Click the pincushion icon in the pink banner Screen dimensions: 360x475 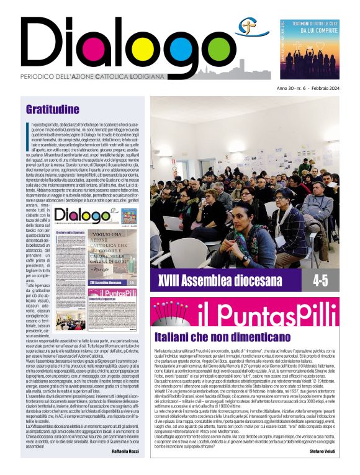[171, 313]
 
